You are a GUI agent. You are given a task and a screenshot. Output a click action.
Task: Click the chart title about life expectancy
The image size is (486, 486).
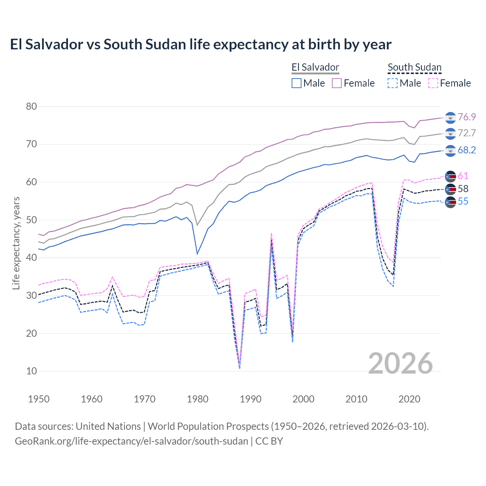(200, 44)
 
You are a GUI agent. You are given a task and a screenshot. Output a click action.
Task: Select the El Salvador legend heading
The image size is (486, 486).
(315, 67)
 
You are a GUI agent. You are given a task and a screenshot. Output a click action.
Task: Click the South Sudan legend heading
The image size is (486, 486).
(414, 67)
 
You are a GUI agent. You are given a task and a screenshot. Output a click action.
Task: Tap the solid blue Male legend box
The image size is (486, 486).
(297, 83)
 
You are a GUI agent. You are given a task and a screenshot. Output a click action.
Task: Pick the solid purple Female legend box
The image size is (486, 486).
(337, 83)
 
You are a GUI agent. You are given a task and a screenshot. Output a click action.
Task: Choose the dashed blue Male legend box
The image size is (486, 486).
(393, 83)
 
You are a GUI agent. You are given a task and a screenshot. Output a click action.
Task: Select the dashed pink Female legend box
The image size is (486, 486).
(433, 83)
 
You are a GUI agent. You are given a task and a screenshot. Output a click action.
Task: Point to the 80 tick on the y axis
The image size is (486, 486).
(32, 106)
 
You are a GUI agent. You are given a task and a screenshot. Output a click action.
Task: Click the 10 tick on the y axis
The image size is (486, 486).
(32, 371)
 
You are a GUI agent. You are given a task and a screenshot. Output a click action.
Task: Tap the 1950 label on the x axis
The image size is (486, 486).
(39, 399)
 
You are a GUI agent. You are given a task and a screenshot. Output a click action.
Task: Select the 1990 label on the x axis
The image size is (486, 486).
(251, 399)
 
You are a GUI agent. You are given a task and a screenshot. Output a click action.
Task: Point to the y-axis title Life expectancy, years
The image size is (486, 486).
(16, 243)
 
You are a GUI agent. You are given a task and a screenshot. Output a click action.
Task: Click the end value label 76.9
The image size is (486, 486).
(467, 117)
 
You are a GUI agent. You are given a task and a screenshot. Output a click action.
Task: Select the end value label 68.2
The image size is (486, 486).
(467, 150)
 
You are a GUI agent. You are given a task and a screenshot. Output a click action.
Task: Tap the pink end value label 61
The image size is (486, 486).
(463, 176)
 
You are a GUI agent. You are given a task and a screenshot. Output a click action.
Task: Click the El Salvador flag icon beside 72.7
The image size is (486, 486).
(450, 134)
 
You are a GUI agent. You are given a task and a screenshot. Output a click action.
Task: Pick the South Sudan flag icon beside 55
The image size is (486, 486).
(450, 202)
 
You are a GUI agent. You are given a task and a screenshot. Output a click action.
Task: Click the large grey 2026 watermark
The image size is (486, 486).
(401, 363)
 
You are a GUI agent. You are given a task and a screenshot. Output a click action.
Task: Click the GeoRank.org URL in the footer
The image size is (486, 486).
(131, 441)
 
